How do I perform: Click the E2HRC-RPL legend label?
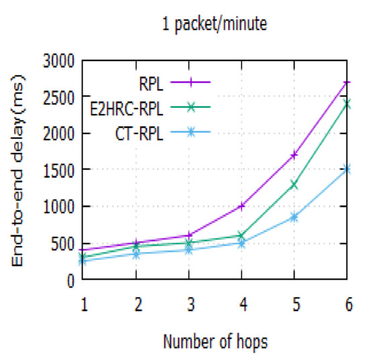pyautogui.click(x=128, y=107)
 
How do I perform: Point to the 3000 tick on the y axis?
pyautogui.click(x=59, y=61)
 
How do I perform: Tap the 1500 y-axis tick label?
pyautogui.click(x=59, y=170)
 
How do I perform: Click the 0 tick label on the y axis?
pyautogui.click(x=70, y=280)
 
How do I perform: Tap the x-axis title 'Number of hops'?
pyautogui.click(x=215, y=342)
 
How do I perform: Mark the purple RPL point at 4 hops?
pyautogui.click(x=242, y=206)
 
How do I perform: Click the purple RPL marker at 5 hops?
pyautogui.click(x=295, y=156)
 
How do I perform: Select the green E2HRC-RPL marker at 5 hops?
pyautogui.click(x=295, y=184)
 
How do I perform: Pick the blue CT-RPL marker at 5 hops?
pyautogui.click(x=295, y=217)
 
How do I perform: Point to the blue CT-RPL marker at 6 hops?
pyautogui.click(x=347, y=170)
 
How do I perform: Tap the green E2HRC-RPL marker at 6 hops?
pyautogui.click(x=347, y=104)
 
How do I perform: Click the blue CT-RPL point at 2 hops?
pyautogui.click(x=136, y=254)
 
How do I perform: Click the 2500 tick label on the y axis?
pyautogui.click(x=59, y=97)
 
